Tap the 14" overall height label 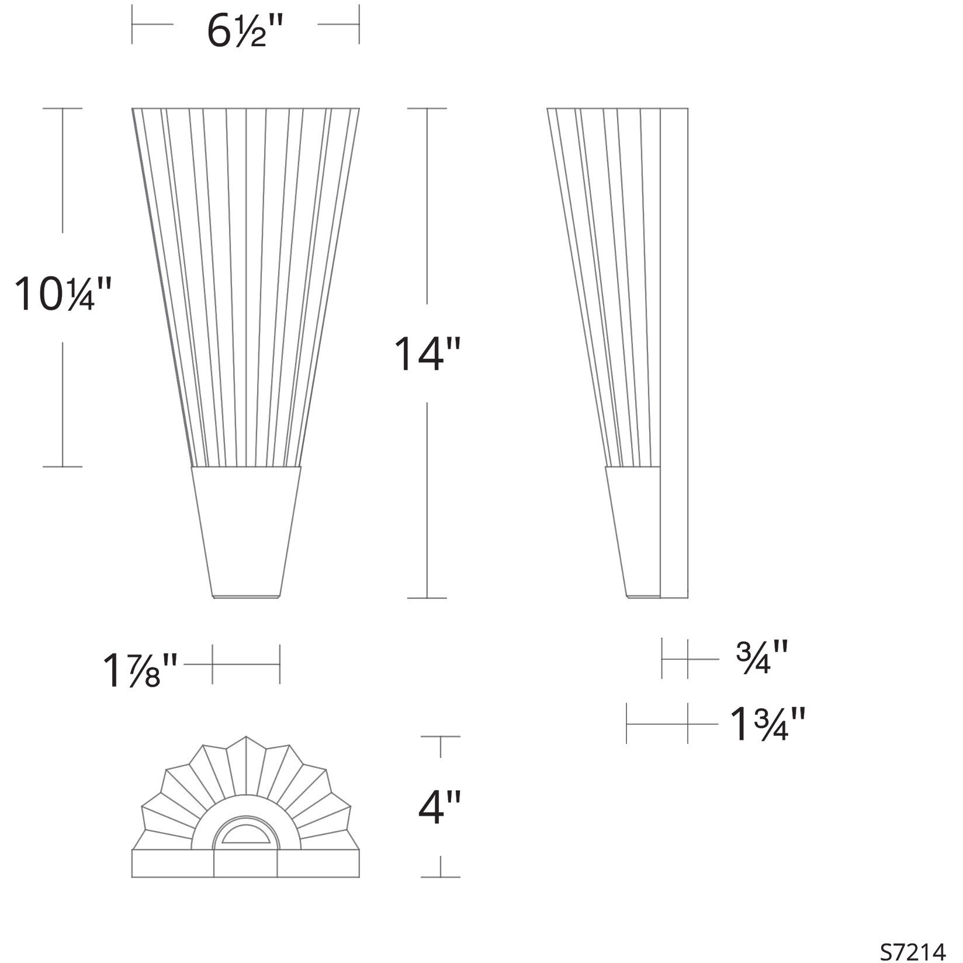point(428,354)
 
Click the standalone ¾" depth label point(762,659)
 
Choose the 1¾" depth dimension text point(768,724)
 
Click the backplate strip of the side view point(674,351)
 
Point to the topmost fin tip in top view point(246,737)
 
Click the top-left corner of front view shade point(133,109)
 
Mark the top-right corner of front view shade point(359,109)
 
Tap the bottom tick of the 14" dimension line point(427,598)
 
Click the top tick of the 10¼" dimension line point(63,108)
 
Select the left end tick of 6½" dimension point(133,25)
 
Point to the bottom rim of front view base point(246,597)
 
